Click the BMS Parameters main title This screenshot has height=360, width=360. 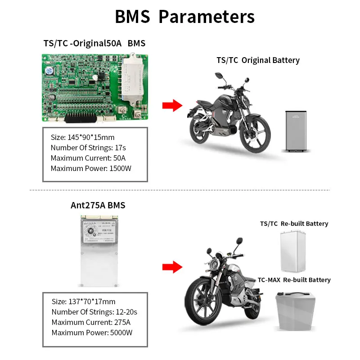[x=184, y=17]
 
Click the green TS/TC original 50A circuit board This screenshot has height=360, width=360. [x=94, y=88]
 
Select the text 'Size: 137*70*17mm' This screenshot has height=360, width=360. [x=83, y=301]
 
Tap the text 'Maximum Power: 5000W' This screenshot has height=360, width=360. [x=92, y=333]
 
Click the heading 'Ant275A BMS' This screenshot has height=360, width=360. [x=98, y=206]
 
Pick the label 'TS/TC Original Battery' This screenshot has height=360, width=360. [x=258, y=60]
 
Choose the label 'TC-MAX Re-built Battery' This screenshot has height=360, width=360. [x=294, y=280]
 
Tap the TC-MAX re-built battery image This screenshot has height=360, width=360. [x=295, y=312]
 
